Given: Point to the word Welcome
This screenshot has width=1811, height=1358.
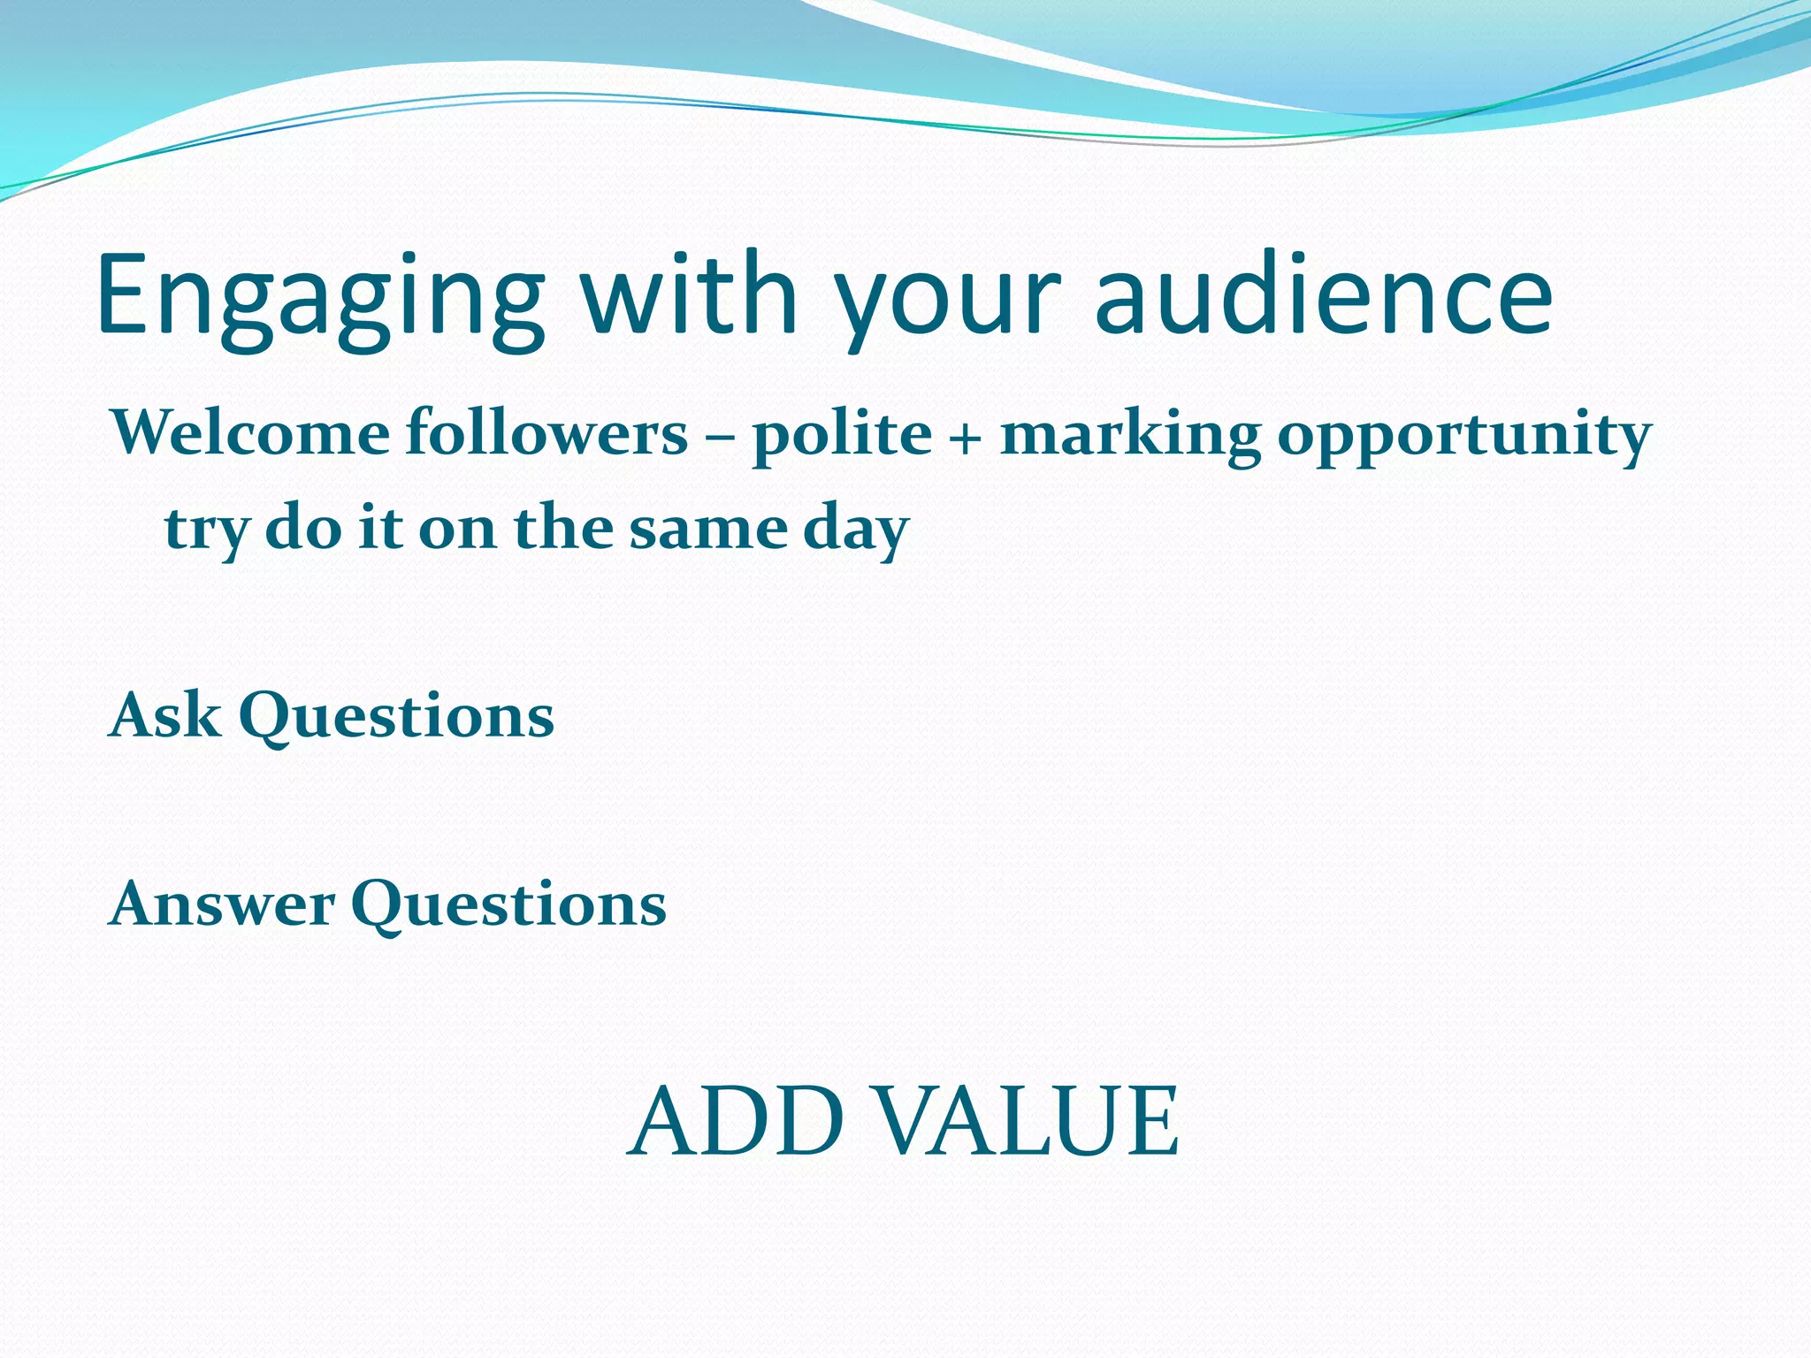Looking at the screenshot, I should (250, 434).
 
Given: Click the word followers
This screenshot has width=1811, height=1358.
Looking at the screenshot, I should (546, 434).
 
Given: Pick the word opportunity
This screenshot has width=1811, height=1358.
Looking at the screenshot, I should (1463, 436).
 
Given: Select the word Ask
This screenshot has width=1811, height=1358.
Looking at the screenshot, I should (164, 714).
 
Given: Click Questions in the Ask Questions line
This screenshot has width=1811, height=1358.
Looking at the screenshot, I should (396, 716).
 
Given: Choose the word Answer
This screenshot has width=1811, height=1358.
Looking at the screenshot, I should (221, 904).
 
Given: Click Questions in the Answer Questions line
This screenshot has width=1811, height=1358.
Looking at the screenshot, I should (508, 906).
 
